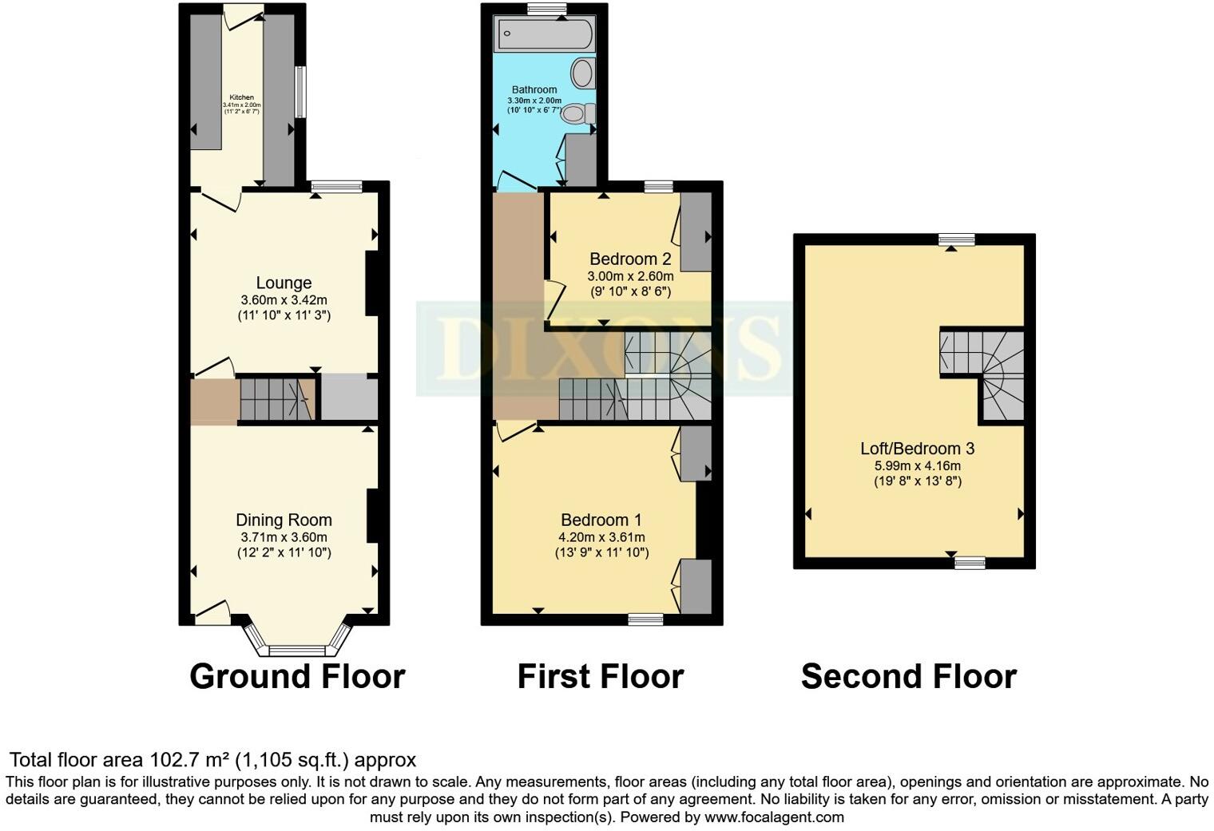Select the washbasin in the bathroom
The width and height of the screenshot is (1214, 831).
pyautogui.click(x=584, y=74)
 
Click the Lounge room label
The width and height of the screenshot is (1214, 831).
pyautogui.click(x=284, y=283)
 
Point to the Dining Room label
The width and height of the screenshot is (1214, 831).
pyautogui.click(x=284, y=520)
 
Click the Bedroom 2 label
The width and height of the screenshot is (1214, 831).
pyautogui.click(x=629, y=259)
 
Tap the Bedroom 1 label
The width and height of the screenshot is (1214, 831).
pyautogui.click(x=601, y=520)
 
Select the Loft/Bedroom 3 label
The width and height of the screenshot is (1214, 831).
pyautogui.click(x=917, y=449)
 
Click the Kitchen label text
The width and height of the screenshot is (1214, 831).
pyautogui.click(x=241, y=97)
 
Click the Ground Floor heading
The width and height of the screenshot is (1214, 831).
pyautogui.click(x=297, y=676)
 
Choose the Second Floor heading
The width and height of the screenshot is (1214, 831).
pyautogui.click(x=908, y=676)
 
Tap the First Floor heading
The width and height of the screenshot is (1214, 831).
pyautogui.click(x=600, y=676)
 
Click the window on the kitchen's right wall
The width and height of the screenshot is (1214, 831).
pyautogui.click(x=300, y=92)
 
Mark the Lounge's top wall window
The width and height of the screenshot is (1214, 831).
pyautogui.click(x=335, y=187)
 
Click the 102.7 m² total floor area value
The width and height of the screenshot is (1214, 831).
pyautogui.click(x=190, y=759)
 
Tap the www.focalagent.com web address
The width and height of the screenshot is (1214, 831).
pyautogui.click(x=774, y=817)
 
